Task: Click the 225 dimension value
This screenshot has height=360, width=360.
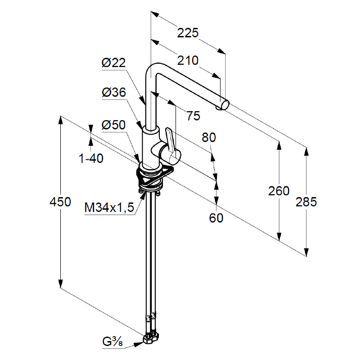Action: click(188, 33)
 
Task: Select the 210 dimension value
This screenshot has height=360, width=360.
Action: click(188, 60)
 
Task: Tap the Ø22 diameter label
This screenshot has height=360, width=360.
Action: click(113, 64)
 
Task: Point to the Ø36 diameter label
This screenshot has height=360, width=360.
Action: click(113, 93)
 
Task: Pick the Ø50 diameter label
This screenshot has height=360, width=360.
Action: click(113, 125)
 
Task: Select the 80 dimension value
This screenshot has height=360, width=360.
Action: click(209, 137)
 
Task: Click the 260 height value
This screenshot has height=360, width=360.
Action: click(279, 191)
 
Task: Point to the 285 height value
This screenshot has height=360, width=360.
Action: click(306, 202)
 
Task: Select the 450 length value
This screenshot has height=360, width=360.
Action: click(60, 202)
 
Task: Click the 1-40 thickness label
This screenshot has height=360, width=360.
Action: click(91, 158)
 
